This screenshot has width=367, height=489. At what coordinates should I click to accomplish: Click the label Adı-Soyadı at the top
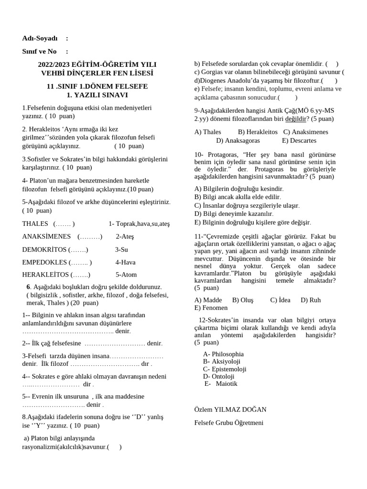(x=40, y=38)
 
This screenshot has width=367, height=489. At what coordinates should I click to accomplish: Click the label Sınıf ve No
(x=39, y=51)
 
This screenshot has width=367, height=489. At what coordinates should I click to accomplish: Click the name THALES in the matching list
(x=35, y=223)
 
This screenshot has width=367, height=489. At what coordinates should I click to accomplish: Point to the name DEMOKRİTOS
(x=44, y=249)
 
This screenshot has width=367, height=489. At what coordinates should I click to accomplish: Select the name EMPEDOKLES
(x=44, y=262)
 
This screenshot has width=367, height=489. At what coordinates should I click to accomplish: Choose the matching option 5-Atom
(x=126, y=275)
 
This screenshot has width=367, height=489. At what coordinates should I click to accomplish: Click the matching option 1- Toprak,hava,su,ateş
(x=139, y=223)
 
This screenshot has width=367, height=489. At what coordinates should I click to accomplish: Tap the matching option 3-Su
(x=121, y=249)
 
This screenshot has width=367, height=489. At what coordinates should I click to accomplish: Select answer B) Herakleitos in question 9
(x=258, y=132)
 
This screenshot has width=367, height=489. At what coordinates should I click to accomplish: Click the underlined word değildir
(x=295, y=119)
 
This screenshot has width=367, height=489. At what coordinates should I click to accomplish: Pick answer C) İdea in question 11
(x=280, y=300)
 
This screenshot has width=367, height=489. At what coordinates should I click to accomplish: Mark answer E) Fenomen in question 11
(x=211, y=308)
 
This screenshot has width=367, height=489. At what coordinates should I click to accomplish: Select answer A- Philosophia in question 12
(x=223, y=354)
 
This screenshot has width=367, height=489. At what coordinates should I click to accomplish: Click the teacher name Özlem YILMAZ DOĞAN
(x=230, y=409)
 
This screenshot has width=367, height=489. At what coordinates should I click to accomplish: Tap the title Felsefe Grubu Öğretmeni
(x=229, y=423)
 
